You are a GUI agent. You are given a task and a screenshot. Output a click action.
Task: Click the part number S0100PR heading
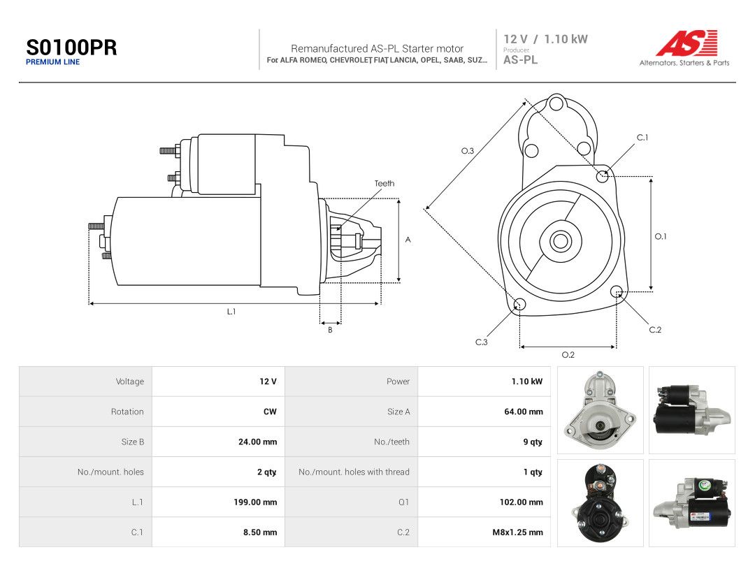tap(71, 48)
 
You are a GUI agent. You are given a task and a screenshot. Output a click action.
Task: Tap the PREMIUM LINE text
tap(53, 62)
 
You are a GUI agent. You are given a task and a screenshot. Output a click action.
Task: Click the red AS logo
tap(686, 43)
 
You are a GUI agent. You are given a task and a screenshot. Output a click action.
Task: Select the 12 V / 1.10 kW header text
tap(545, 39)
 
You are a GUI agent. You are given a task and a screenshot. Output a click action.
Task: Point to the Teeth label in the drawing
tap(384, 183)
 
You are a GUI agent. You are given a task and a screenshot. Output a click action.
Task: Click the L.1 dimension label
tap(231, 312)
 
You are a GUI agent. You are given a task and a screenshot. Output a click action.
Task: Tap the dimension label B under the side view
tap(330, 330)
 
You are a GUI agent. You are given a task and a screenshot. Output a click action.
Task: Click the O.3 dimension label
tap(468, 151)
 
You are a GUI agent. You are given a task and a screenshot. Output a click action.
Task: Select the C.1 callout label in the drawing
tap(642, 137)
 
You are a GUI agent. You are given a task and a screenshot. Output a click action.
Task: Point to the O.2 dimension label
tap(568, 355)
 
